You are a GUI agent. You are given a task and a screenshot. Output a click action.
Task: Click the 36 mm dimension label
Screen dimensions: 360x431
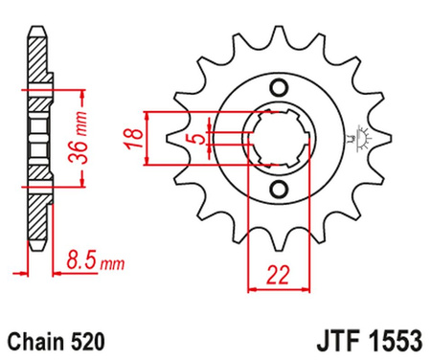pyautogui.click(x=82, y=134)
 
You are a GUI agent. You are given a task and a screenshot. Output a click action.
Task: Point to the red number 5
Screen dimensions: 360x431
pyautogui.click(x=198, y=141)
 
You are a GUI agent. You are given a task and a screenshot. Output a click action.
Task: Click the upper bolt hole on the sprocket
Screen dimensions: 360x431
pyautogui.click(x=279, y=88)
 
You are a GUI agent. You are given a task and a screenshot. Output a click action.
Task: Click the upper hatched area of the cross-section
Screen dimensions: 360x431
pyautogui.click(x=37, y=77)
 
